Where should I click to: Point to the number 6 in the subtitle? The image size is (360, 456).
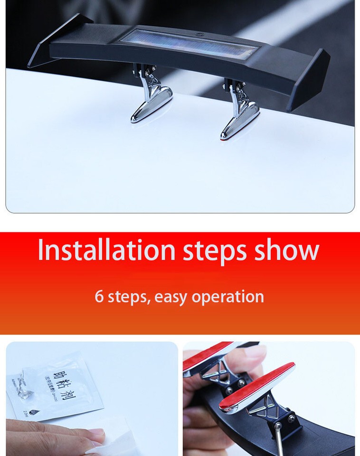click(x=99, y=296)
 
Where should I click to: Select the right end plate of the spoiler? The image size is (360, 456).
click(x=311, y=78)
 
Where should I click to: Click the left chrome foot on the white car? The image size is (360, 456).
click(x=152, y=102)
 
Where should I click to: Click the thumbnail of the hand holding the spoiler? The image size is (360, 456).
click(x=269, y=399)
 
